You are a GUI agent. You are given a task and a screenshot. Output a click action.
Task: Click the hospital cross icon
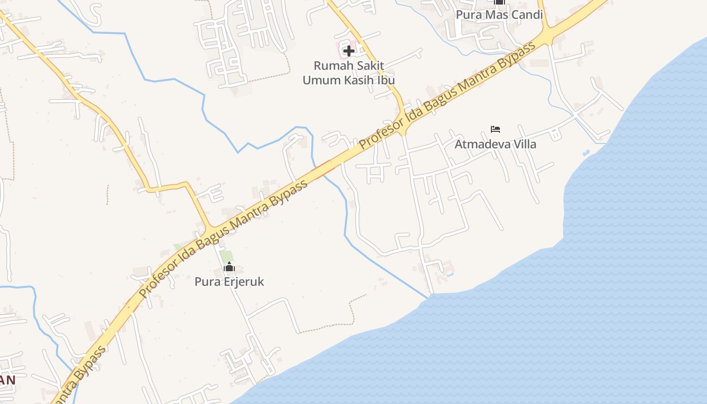click(x=348, y=50)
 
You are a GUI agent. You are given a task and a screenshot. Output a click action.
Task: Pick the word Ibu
click(x=386, y=80)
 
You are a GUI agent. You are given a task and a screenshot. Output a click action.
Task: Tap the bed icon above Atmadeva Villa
click(x=495, y=129)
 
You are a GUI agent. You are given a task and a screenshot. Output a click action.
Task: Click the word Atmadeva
click(x=481, y=144)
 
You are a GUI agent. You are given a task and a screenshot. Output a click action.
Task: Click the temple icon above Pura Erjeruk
click(x=229, y=267)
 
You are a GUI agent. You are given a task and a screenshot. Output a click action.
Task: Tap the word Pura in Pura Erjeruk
click(x=206, y=282)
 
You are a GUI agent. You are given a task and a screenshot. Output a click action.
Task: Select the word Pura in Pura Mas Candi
click(x=468, y=15)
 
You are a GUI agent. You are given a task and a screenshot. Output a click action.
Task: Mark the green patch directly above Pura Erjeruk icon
click(x=227, y=256)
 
